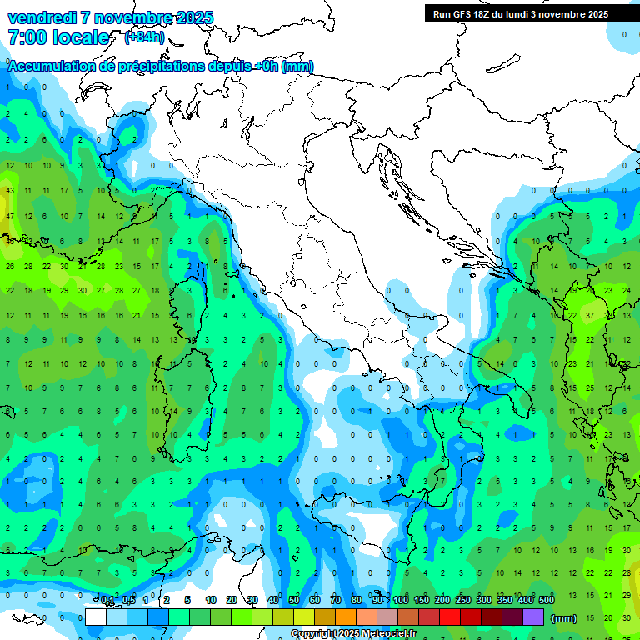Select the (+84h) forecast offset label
click(x=143, y=37)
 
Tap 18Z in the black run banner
click(x=482, y=14)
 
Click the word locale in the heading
click(x=81, y=37)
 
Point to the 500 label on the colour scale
click(x=547, y=600)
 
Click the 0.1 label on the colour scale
click(x=107, y=600)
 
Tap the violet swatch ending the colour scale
click(x=533, y=617)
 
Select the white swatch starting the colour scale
click(x=96, y=617)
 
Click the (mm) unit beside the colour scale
click(x=564, y=618)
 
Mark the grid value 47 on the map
click(x=10, y=216)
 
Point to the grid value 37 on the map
click(x=589, y=316)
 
